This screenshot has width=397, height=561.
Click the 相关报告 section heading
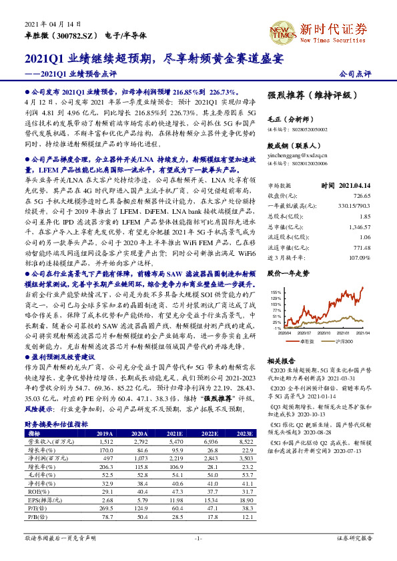pyautogui.click(x=281, y=359)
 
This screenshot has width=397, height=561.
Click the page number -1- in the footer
pyautogui.click(x=198, y=537)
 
